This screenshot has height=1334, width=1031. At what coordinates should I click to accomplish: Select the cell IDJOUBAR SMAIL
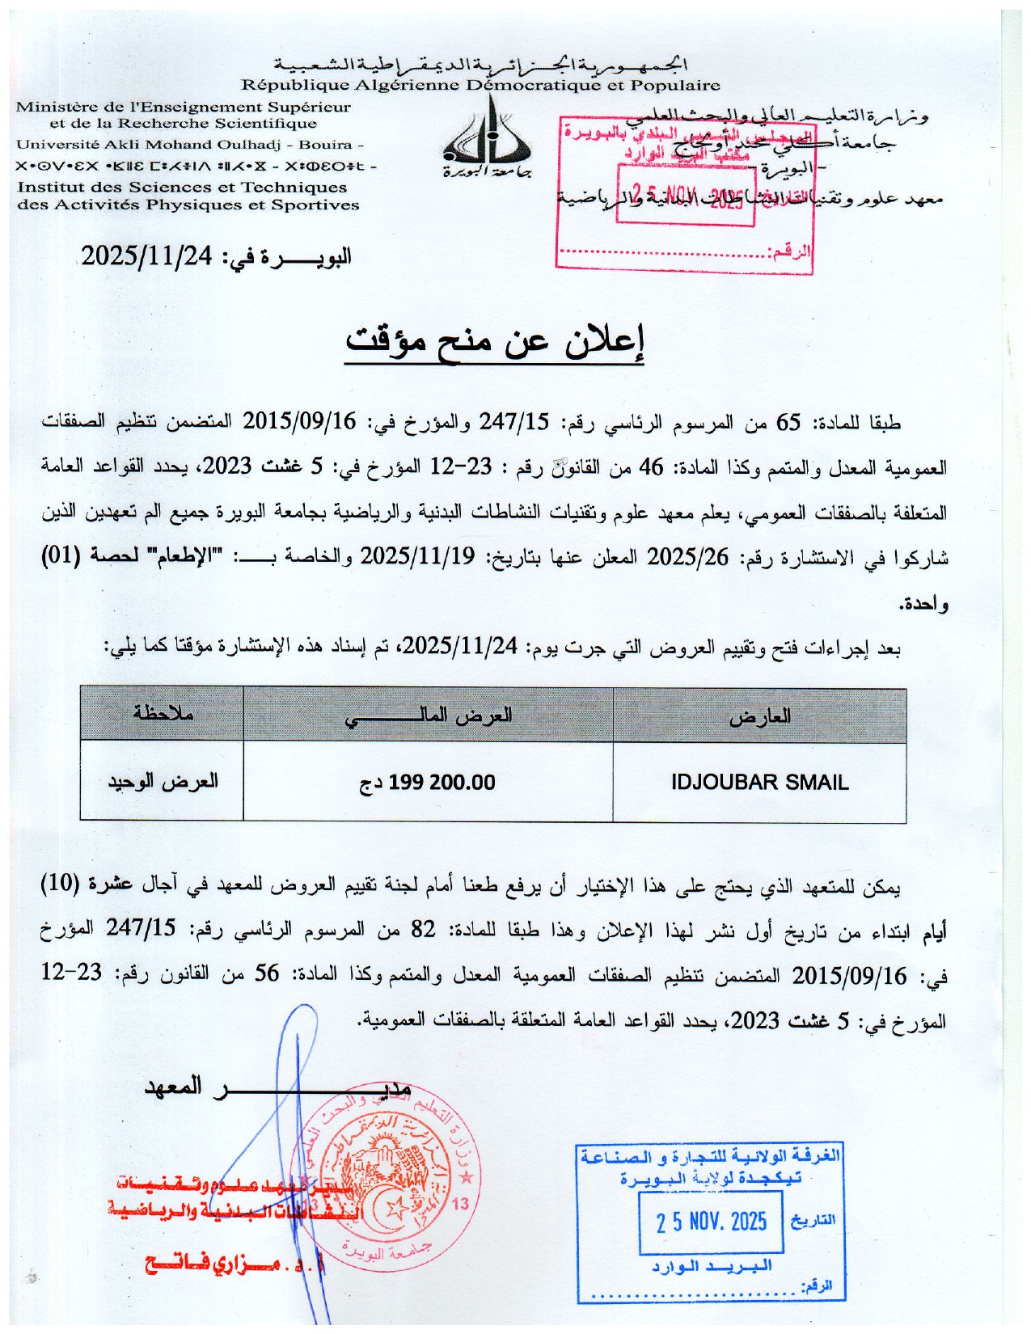coord(759,783)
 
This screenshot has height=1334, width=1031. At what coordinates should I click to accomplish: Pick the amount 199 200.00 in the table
coord(442,783)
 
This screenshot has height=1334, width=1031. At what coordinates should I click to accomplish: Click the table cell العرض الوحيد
coord(163,782)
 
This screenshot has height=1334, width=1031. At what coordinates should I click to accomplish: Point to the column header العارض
coord(759,716)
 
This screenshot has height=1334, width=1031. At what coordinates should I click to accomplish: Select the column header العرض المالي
coord(429,716)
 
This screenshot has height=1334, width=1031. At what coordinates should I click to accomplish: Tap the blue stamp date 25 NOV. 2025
coord(712,1221)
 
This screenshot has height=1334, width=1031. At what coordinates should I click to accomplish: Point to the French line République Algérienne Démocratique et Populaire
coord(480,85)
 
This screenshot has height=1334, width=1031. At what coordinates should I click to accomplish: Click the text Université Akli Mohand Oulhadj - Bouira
coord(190,145)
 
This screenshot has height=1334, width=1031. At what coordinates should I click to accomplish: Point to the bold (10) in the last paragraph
coord(61,884)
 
